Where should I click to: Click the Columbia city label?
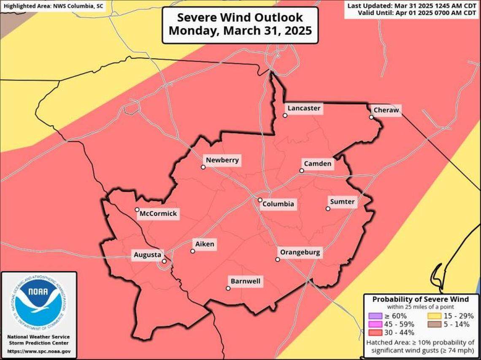point(278,204)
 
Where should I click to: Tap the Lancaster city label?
point(304,108)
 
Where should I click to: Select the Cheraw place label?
point(386,110)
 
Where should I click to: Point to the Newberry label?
point(222,160)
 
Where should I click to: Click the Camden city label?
point(317,164)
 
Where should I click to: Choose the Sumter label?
point(342,202)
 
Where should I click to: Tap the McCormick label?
point(158,214)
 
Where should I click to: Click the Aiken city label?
point(205,244)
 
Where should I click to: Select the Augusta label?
point(147,254)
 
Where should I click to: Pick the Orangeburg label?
point(300,253)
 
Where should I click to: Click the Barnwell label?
point(245,281)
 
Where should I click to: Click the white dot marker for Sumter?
point(328,208)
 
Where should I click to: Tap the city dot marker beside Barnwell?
point(228,289)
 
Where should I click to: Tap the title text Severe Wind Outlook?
point(240,18)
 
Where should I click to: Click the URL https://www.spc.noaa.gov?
point(39,351)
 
